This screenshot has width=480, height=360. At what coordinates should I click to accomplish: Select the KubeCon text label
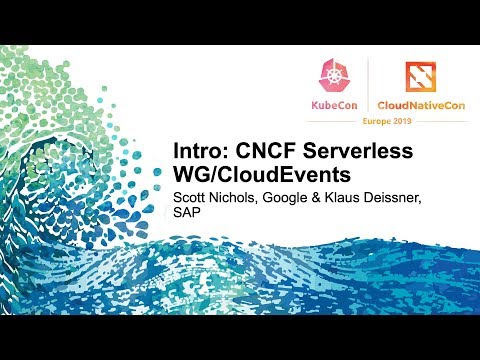point(333,104)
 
